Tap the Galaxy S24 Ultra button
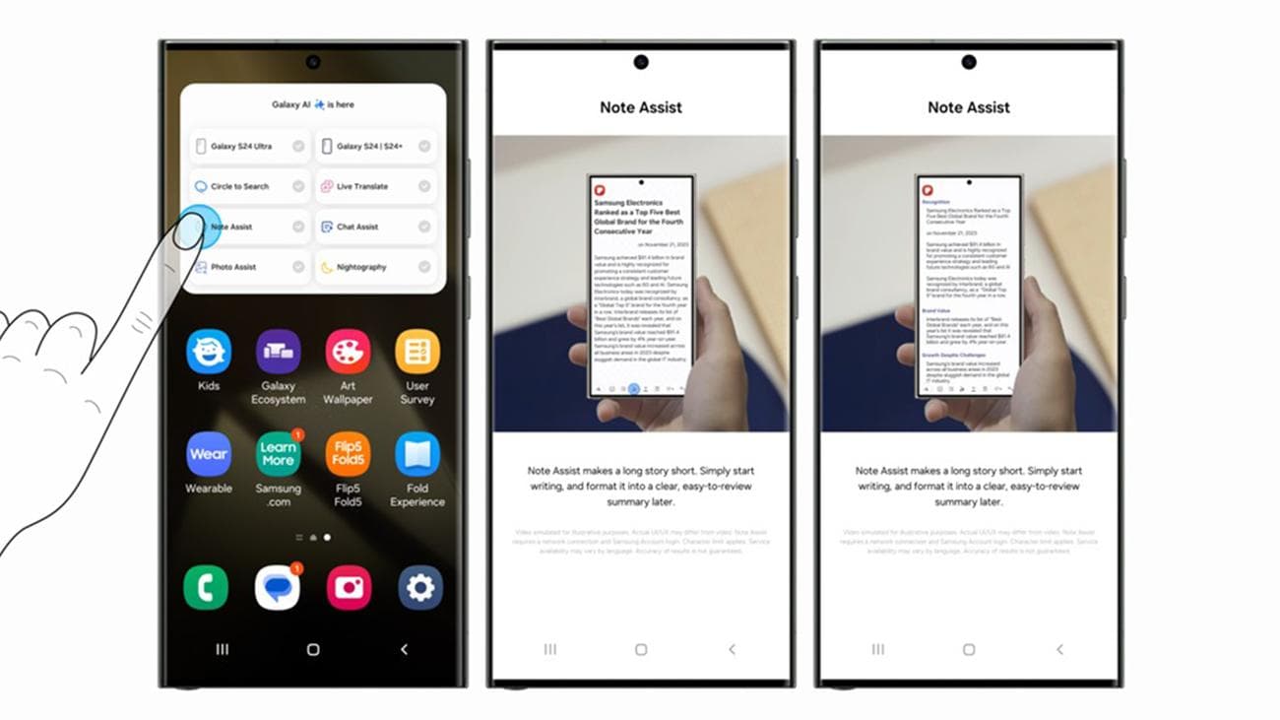249,147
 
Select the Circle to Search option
249,187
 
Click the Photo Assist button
249,268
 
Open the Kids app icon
209,352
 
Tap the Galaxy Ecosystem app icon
279,352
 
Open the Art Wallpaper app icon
348,352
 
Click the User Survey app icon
417,352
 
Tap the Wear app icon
209,454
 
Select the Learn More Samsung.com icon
279,454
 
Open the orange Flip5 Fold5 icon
348,454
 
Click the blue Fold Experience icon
417,454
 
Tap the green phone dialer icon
206,588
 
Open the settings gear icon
420,588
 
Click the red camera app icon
349,588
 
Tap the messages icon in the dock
278,588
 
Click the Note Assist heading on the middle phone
641,107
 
